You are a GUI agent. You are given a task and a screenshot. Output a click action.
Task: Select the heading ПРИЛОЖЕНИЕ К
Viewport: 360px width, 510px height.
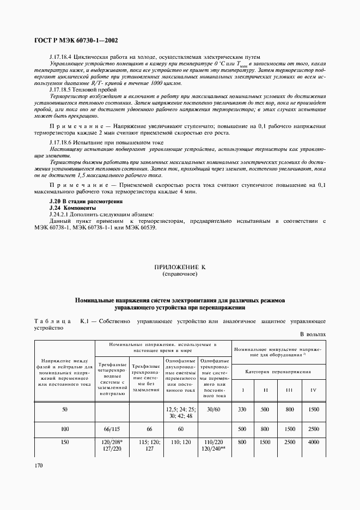tap(180, 268)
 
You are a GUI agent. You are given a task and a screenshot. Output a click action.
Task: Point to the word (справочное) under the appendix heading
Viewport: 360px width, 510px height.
tap(180, 274)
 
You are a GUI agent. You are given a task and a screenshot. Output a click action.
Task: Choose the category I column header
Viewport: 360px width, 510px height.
tap(242, 390)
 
